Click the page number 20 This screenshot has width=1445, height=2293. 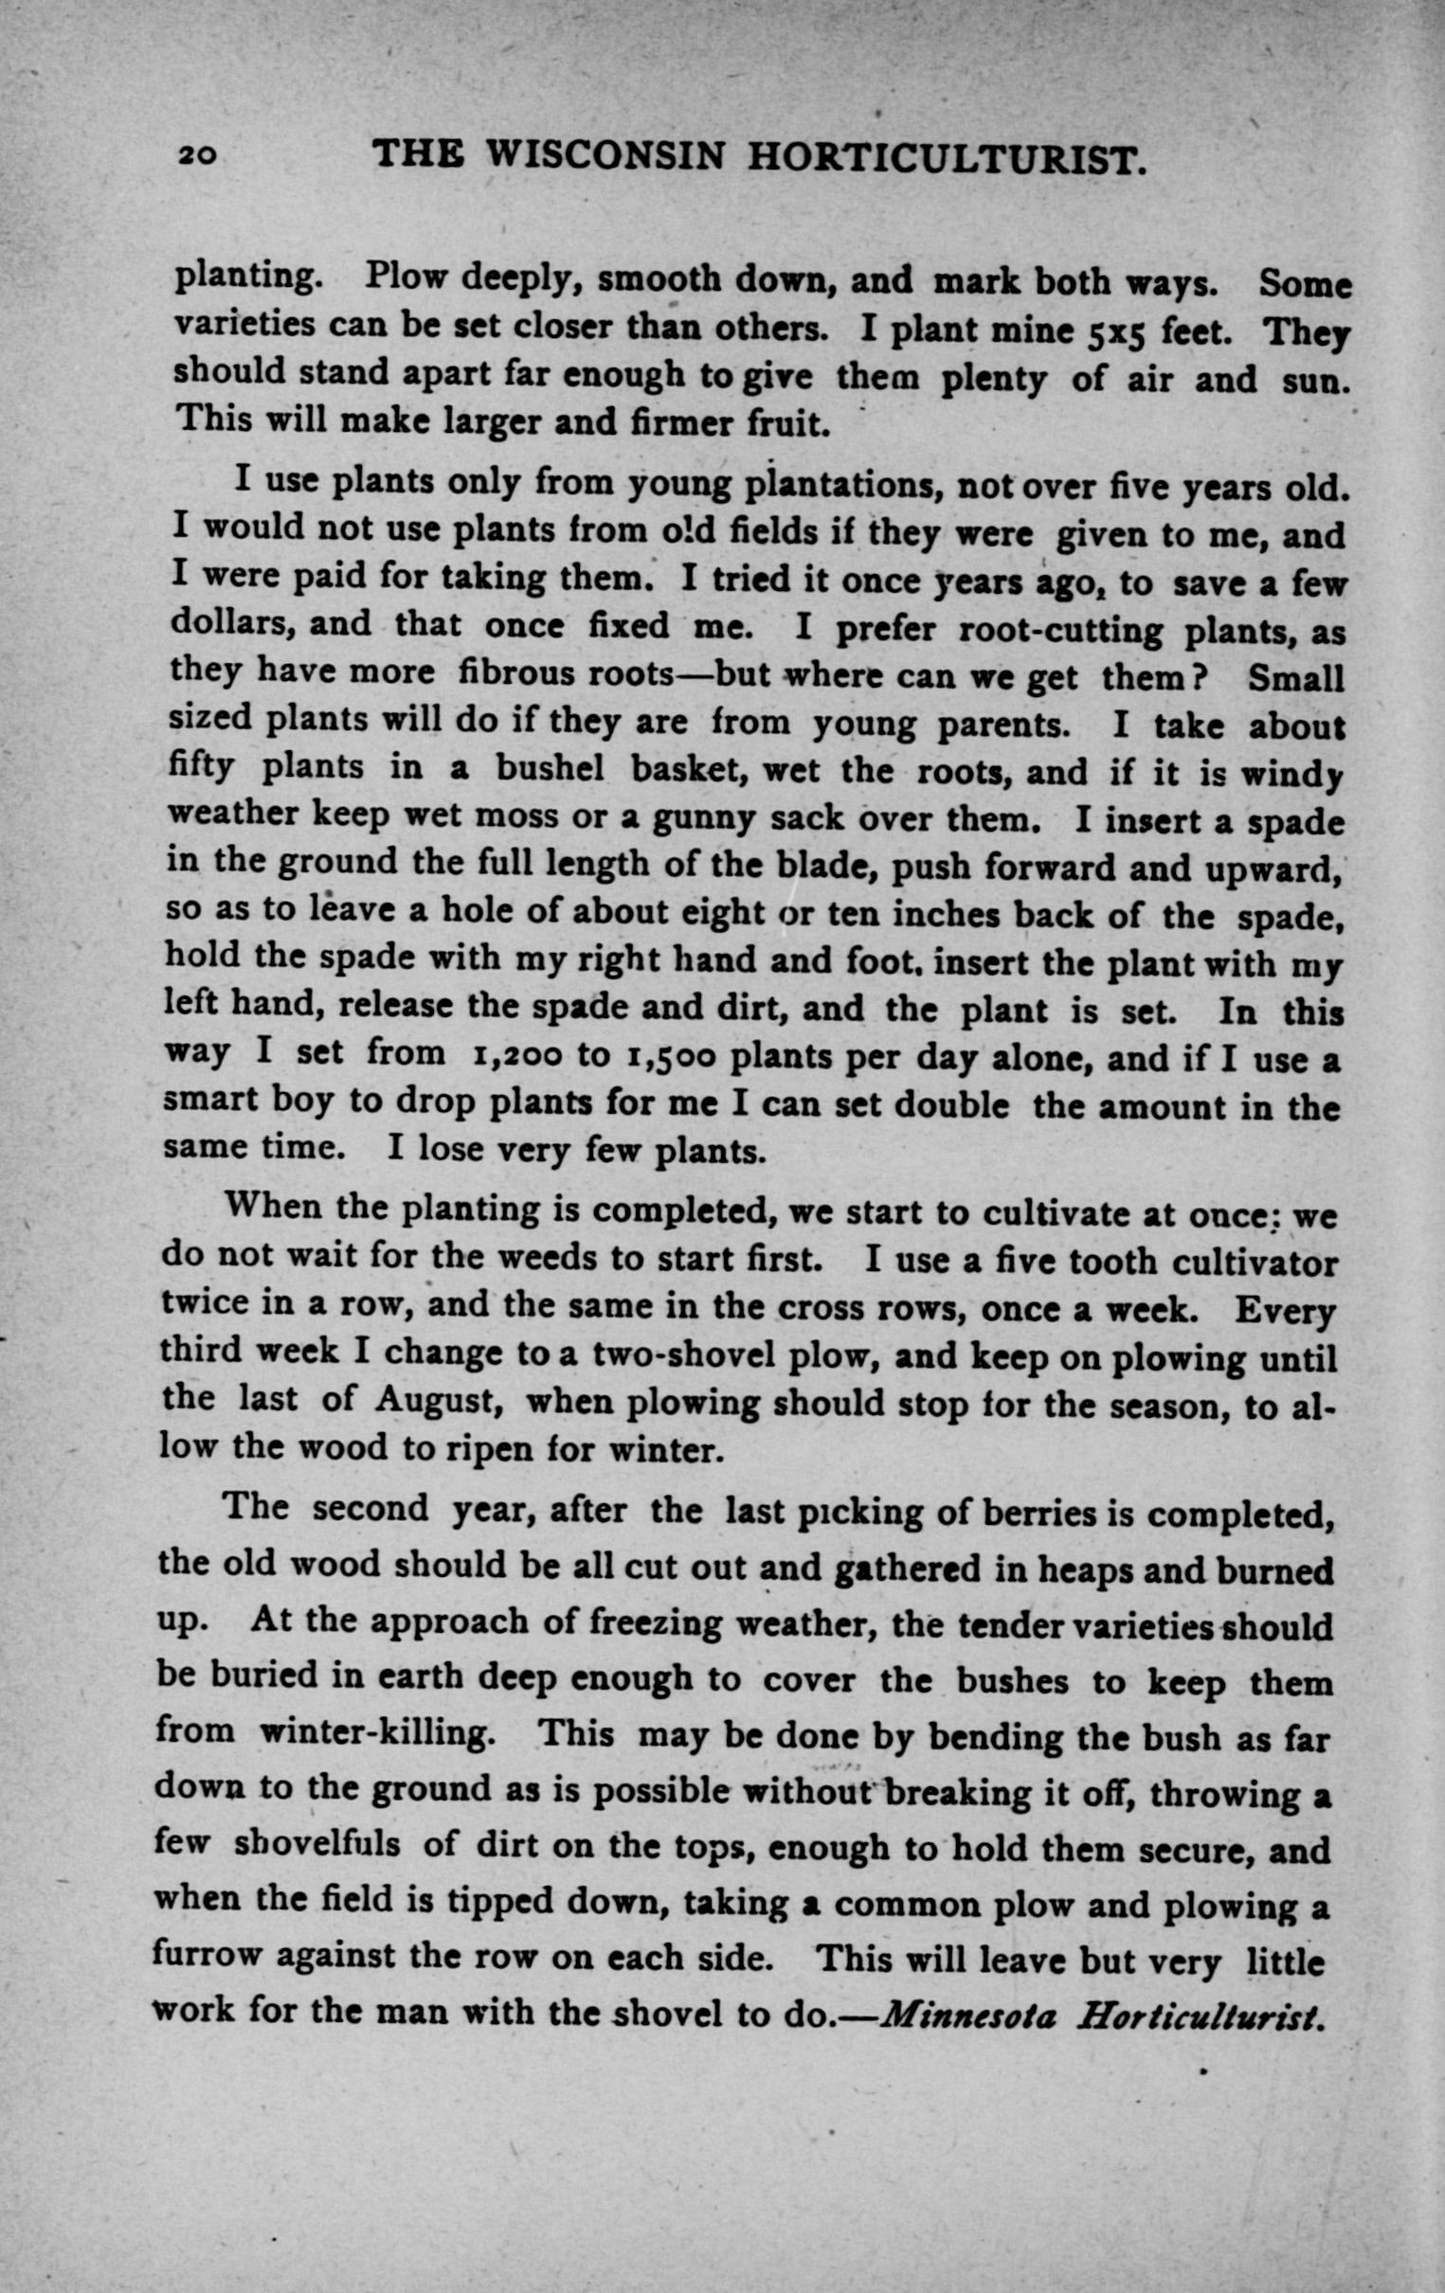point(197,155)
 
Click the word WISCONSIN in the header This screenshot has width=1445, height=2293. point(606,155)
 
